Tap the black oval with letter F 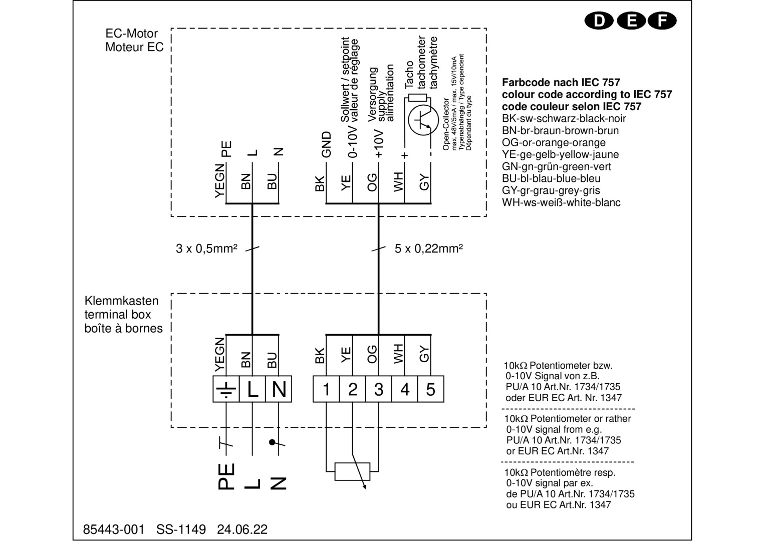point(662,21)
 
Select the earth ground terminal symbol point(226,390)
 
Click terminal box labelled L point(252,390)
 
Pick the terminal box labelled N point(279,390)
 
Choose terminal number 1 point(326,390)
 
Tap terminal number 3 point(379,390)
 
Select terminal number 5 point(430,390)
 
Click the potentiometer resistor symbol point(353,471)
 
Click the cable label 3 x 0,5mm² point(206,248)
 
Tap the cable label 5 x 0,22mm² point(428,248)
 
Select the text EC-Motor point(131,34)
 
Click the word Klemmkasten point(122,301)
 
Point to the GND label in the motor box point(327,145)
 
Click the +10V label point(379,144)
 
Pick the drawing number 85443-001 point(113,529)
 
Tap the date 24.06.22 point(242,529)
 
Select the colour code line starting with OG point(554,143)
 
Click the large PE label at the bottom point(226,476)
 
